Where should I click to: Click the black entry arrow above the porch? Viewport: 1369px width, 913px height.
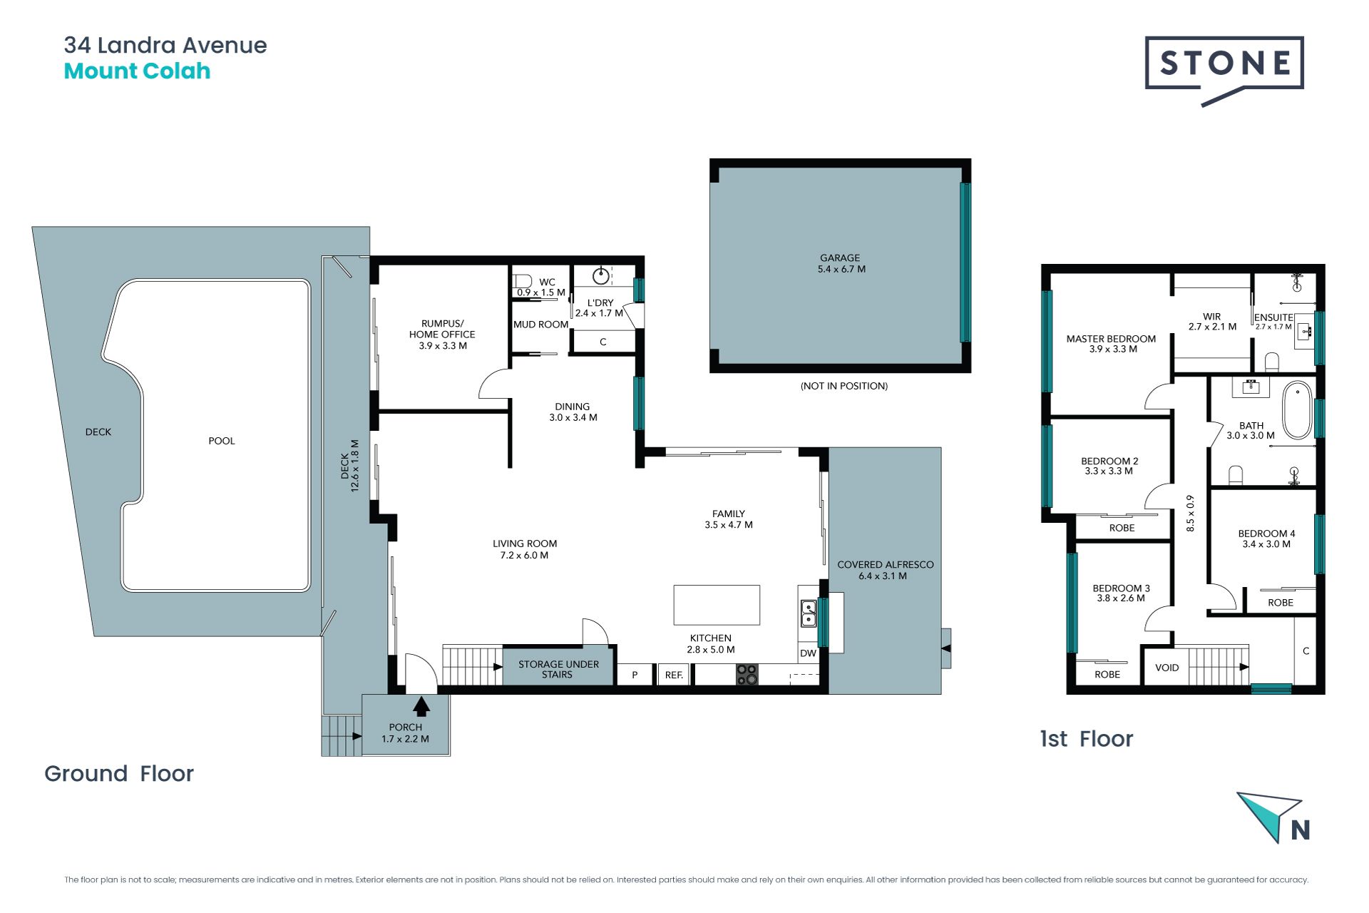coord(421,706)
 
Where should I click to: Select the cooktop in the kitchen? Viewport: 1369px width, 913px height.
coord(747,674)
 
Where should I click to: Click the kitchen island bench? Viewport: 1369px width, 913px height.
coord(717,605)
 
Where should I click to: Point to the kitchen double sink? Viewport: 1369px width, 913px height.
coord(809,613)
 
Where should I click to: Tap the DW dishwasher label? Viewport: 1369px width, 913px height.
coord(808,653)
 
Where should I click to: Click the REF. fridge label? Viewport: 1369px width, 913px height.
coord(674,675)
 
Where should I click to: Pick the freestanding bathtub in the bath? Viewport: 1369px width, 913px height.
coord(1298,410)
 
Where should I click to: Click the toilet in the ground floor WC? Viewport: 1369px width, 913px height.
coord(523,281)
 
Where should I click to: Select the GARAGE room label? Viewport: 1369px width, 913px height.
coord(840,257)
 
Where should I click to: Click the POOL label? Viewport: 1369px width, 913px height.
coord(222,441)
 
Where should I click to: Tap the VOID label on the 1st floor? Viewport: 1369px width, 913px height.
coord(1167,668)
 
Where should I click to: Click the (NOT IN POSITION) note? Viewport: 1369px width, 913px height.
coord(844,386)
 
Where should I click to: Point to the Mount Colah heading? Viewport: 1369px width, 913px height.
coord(137,71)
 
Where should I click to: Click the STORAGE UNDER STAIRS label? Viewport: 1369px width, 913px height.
coord(558,669)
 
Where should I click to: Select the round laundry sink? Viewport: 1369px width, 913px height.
coord(601,275)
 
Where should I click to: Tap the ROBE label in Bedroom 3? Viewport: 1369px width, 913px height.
coord(1107,674)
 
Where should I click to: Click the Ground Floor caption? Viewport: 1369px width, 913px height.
coord(119,773)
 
